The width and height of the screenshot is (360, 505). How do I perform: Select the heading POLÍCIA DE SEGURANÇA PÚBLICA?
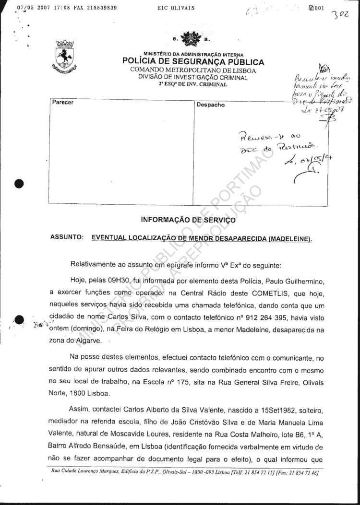193,62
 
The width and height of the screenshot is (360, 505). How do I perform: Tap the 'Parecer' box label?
63,103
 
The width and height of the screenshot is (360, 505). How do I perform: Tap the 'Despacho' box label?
211,105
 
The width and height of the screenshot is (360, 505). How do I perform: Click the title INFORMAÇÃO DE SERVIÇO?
188,220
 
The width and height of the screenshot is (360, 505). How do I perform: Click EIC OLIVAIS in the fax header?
176,8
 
